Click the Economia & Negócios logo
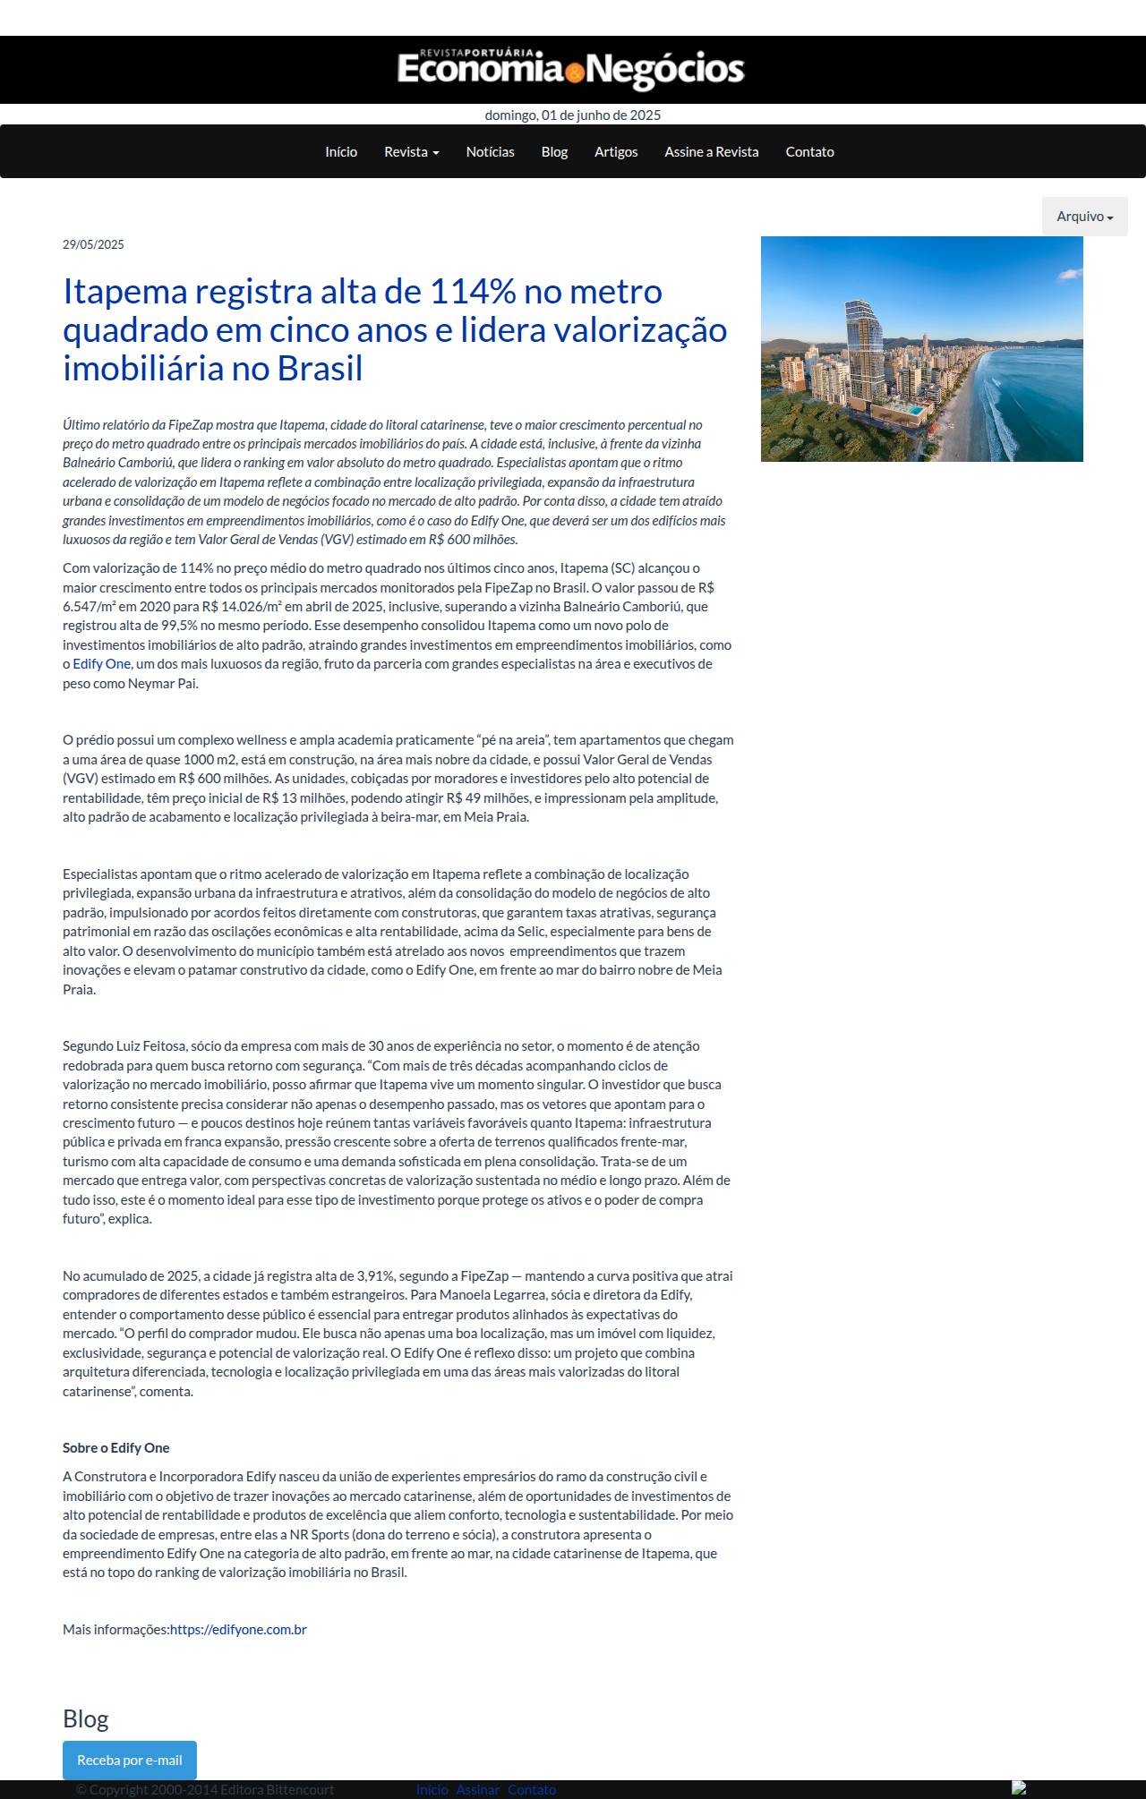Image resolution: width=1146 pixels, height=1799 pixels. [x=571, y=70]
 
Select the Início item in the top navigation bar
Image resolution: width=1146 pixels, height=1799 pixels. [x=341, y=152]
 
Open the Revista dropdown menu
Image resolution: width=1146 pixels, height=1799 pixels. [x=411, y=152]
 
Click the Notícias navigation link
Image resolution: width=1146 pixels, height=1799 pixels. [x=490, y=152]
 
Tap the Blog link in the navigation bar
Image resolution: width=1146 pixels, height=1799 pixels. [x=554, y=152]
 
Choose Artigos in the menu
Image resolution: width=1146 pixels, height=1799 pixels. [x=616, y=152]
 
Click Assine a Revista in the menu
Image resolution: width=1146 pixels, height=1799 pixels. [x=711, y=152]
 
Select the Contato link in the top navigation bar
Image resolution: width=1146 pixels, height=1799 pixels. [x=809, y=152]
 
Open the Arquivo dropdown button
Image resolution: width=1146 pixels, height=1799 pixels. [x=1084, y=217]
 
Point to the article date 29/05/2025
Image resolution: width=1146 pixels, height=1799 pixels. [x=93, y=244]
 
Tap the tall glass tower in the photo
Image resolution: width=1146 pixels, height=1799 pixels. [x=862, y=358]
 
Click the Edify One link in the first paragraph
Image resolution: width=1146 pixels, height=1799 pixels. [x=101, y=664]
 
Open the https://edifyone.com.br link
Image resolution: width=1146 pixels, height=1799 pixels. [x=238, y=1629]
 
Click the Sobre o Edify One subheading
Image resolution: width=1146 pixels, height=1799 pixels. [x=115, y=1447]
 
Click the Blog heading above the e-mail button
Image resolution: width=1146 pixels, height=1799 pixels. [x=86, y=1718]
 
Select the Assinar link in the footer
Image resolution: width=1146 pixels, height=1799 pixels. [x=477, y=1789]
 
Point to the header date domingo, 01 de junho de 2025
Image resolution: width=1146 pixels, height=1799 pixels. [x=573, y=115]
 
